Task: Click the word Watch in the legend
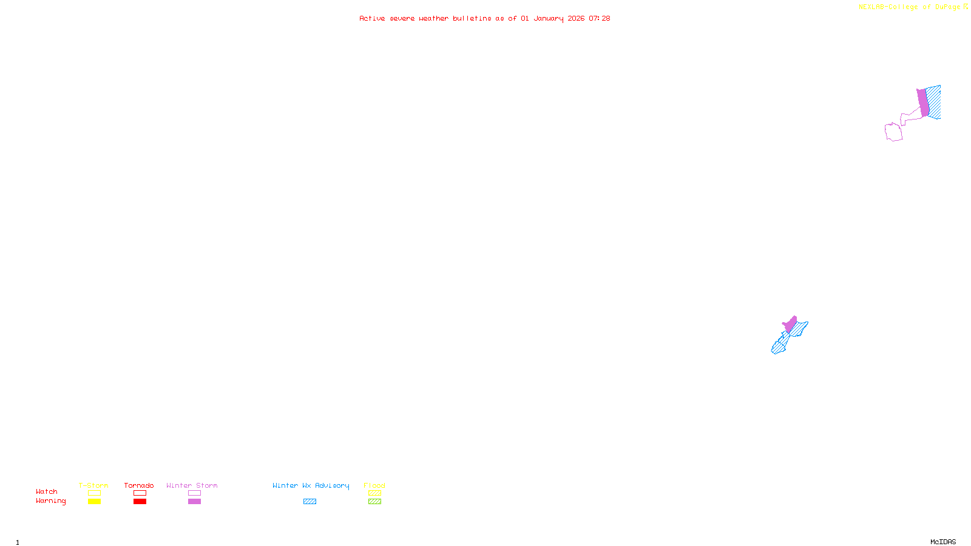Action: pyautogui.click(x=47, y=492)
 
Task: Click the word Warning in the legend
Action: pyautogui.click(x=51, y=501)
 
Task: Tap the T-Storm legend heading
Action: pyautogui.click(x=93, y=485)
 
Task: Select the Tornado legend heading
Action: pyautogui.click(x=139, y=485)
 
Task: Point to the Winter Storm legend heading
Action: pyautogui.click(x=192, y=485)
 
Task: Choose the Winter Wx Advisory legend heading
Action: pyautogui.click(x=311, y=485)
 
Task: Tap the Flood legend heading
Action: pyautogui.click(x=374, y=485)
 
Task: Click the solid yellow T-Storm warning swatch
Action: pyautogui.click(x=94, y=502)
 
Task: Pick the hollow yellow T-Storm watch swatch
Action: pyautogui.click(x=94, y=493)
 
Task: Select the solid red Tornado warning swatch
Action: pyautogui.click(x=140, y=502)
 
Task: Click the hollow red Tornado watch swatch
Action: pyautogui.click(x=140, y=493)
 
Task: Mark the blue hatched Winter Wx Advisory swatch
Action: pyautogui.click(x=310, y=502)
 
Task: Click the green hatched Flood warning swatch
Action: pyautogui.click(x=374, y=502)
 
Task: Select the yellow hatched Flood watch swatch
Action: pyautogui.click(x=374, y=493)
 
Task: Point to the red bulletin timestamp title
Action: pyautogui.click(x=484, y=18)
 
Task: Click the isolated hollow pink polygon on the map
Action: pyautogui.click(x=893, y=132)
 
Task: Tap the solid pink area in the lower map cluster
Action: pyautogui.click(x=790, y=324)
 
